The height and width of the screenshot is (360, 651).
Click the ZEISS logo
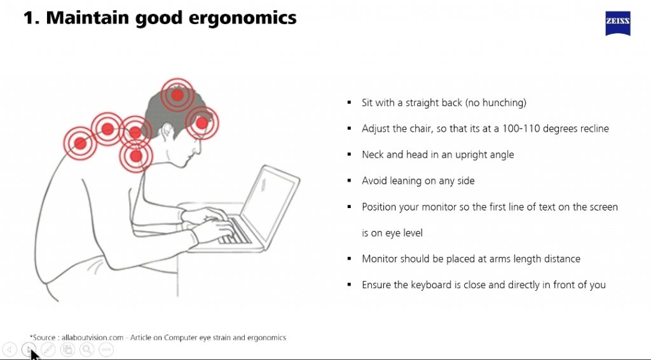coord(618,24)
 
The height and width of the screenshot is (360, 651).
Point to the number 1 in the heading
coord(29,18)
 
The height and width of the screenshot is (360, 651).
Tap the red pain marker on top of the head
coord(177,95)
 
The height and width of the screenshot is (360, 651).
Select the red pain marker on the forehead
coord(202,123)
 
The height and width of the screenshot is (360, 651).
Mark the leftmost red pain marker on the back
coord(80,144)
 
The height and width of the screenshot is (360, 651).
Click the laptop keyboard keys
coord(235,232)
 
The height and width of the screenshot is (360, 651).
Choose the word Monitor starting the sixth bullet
coord(379,259)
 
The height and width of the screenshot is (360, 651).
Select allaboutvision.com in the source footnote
coord(93,338)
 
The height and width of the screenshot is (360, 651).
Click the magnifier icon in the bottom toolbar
coord(86,350)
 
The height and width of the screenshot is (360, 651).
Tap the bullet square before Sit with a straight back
coord(349,102)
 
